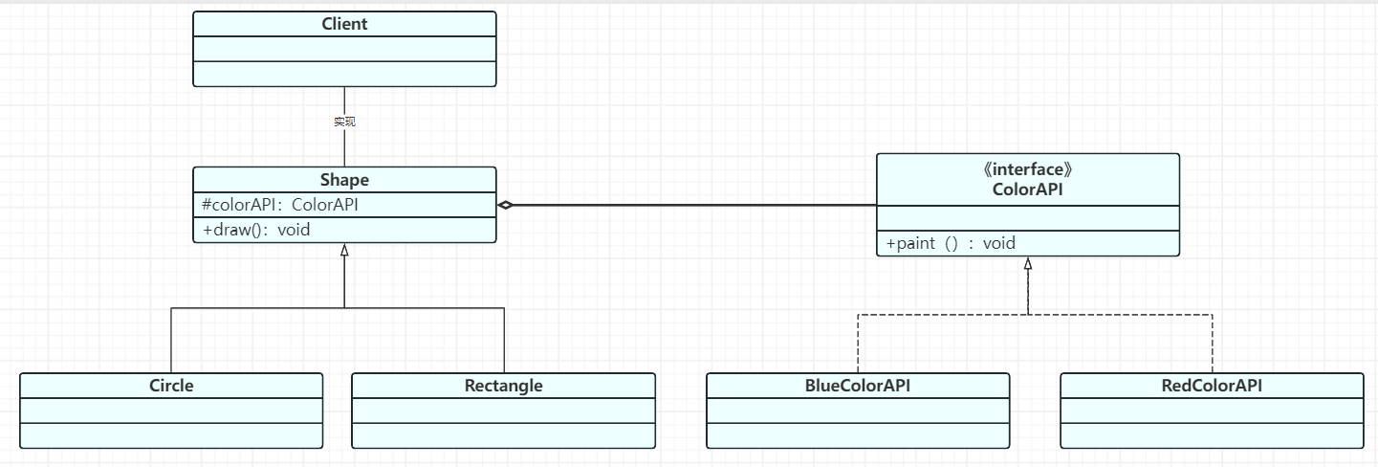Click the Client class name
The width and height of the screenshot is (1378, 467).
click(344, 24)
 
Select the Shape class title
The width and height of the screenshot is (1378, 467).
click(344, 180)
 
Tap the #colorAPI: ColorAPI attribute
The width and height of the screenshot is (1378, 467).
click(280, 205)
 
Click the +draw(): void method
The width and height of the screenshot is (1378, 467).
click(256, 230)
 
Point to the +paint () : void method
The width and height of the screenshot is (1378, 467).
click(951, 243)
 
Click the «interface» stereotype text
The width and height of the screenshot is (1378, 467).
click(1028, 169)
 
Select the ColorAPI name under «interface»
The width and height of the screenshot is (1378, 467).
click(1028, 189)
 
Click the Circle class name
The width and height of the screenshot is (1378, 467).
click(171, 386)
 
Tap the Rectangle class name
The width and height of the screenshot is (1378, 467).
click(504, 386)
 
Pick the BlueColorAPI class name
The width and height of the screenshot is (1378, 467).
click(858, 386)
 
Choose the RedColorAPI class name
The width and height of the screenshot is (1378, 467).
click(1212, 386)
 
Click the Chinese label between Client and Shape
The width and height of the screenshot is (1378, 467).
click(344, 122)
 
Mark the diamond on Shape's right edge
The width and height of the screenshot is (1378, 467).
click(505, 205)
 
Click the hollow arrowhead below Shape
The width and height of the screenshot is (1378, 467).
click(344, 251)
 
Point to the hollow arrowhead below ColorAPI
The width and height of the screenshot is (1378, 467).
click(1028, 264)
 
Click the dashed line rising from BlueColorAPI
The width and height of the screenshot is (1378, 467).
click(858, 344)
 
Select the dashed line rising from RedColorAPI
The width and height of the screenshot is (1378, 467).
click(1213, 344)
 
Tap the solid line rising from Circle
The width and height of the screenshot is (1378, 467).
click(171, 341)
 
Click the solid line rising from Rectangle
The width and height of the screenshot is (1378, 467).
click(505, 341)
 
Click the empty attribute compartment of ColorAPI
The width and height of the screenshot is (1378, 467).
click(1028, 218)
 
